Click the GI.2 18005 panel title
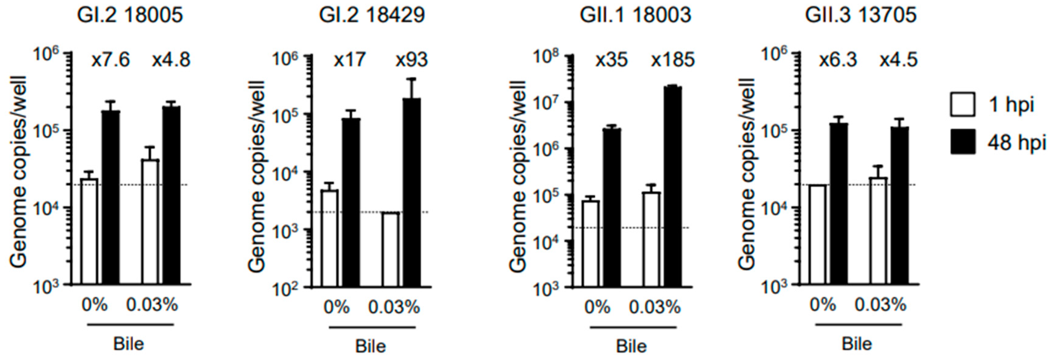click(x=130, y=15)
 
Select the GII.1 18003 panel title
click(x=635, y=15)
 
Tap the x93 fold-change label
click(x=412, y=60)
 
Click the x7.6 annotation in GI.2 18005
click(x=111, y=60)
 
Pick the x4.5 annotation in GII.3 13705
click(x=898, y=60)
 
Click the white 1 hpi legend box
click(x=963, y=105)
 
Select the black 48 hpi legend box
click(x=963, y=142)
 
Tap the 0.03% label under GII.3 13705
click(x=880, y=305)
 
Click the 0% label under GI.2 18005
click(x=95, y=305)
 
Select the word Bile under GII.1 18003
click(x=631, y=346)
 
